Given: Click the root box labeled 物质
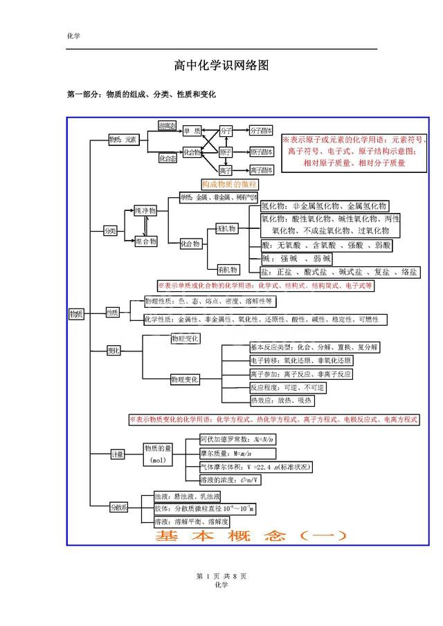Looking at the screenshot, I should (76, 314).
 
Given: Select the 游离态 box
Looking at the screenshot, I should (167, 125).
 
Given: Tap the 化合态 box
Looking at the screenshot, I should (167, 158).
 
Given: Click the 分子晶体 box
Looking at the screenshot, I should (261, 131).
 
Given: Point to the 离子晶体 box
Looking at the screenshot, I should (261, 170).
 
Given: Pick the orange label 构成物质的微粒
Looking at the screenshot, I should (229, 185).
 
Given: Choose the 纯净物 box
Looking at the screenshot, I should (145, 210).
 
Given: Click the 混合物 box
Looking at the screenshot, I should (145, 241).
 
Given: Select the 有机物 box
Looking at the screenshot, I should (227, 269).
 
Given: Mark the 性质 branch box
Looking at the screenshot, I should (112, 313).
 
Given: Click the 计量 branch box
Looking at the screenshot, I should (118, 454).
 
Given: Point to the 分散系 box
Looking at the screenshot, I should (119, 508).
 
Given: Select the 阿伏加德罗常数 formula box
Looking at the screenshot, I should (238, 439).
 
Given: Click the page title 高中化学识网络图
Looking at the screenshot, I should (221, 66).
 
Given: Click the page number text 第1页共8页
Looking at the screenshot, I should (221, 576).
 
